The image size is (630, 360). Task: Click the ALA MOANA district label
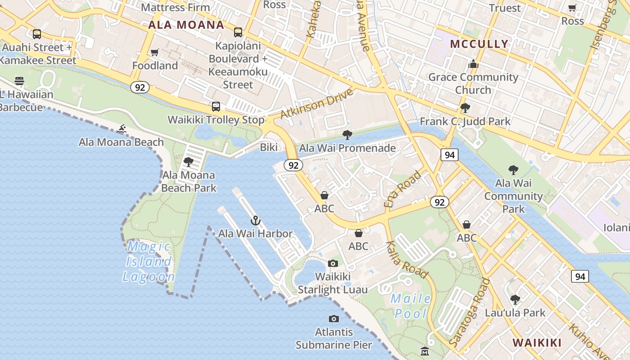(186, 25)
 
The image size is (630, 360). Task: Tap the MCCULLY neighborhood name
(479, 44)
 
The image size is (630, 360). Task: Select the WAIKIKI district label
(537, 343)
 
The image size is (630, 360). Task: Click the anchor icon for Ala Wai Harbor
(256, 220)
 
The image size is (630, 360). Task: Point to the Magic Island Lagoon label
(148, 261)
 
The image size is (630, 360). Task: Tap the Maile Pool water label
(410, 306)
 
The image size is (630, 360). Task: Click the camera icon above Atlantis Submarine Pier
(333, 319)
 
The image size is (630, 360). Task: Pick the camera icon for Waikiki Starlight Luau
(333, 263)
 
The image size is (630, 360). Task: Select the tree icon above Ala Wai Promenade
(347, 135)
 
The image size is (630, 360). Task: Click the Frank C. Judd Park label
(465, 121)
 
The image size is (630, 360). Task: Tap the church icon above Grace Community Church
(473, 64)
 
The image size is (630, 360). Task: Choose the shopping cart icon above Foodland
(155, 53)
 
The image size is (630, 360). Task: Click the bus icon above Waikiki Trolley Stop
(216, 107)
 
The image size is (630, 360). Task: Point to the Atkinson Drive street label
(316, 104)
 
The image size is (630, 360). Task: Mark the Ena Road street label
(402, 189)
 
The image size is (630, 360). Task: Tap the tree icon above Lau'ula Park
(515, 299)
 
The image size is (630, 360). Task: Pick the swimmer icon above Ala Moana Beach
(121, 130)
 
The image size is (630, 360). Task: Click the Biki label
(269, 147)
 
